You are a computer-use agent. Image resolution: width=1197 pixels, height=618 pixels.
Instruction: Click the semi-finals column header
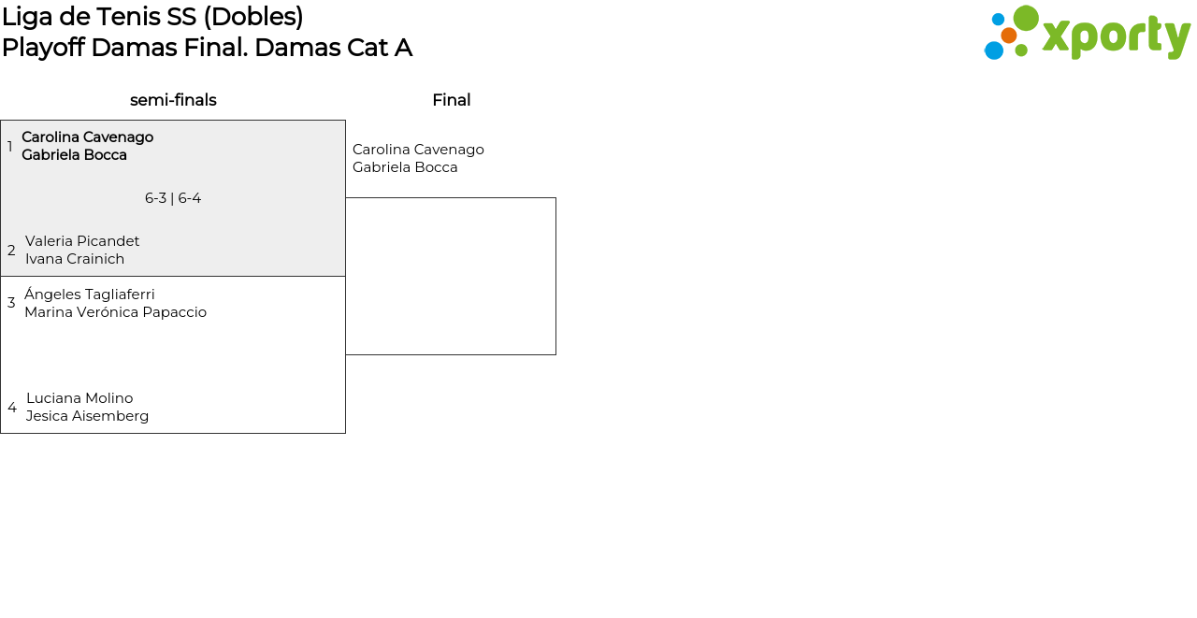click(x=173, y=100)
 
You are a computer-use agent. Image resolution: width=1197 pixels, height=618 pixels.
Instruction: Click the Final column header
click(x=451, y=100)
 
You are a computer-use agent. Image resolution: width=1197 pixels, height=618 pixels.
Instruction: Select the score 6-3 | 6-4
click(x=173, y=198)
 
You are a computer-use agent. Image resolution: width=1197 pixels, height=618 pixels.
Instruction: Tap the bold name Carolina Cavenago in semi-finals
click(x=87, y=137)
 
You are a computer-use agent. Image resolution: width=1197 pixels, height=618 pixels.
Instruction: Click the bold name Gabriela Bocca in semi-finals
click(x=74, y=155)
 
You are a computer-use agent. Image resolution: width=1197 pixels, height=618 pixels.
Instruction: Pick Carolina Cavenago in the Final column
click(x=418, y=150)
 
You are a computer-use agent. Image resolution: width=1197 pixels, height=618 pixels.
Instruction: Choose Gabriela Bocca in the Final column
click(x=405, y=167)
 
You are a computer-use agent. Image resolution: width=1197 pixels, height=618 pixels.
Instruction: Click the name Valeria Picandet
click(x=82, y=241)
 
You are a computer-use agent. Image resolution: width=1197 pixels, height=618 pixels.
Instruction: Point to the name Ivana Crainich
click(x=75, y=259)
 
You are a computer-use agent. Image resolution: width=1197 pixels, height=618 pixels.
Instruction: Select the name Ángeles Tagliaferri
click(x=90, y=295)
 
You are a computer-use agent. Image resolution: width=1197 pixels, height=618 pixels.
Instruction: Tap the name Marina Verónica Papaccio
click(x=115, y=312)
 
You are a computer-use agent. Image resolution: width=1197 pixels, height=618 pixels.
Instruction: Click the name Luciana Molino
click(x=79, y=398)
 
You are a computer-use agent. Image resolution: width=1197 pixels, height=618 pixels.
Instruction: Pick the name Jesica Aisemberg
click(x=87, y=416)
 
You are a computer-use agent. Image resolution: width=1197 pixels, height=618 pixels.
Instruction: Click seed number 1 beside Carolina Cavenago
click(x=10, y=147)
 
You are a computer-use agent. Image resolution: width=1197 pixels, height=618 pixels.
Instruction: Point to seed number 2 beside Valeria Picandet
click(x=11, y=251)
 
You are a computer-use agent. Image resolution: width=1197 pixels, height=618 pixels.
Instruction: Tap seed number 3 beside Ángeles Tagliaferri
click(x=11, y=303)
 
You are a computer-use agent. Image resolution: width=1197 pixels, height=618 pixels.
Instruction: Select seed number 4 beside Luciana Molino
click(x=12, y=408)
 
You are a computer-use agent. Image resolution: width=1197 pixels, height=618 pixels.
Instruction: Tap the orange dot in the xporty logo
click(x=1008, y=36)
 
